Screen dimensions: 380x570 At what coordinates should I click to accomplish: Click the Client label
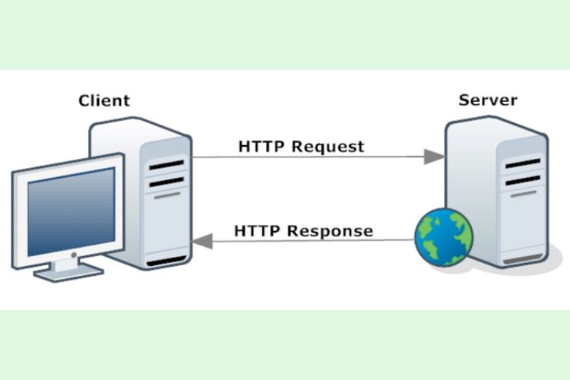click(x=104, y=100)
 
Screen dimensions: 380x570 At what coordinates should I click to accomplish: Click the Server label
click(x=487, y=100)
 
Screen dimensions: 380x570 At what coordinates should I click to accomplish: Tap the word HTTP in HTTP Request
click(x=263, y=145)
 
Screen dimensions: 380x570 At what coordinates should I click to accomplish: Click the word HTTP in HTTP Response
click(x=259, y=230)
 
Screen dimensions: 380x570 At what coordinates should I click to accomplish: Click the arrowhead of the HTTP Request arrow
click(x=434, y=157)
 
